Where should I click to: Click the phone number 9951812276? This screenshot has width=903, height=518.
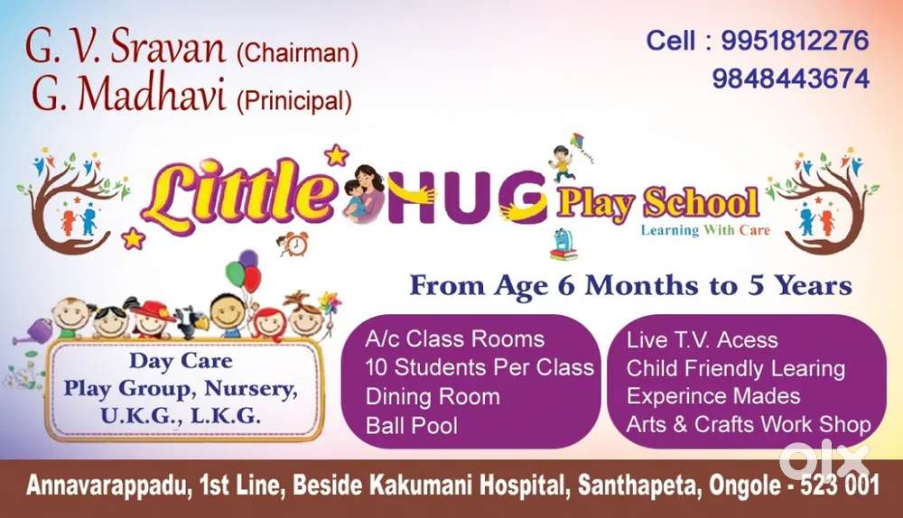point(795,41)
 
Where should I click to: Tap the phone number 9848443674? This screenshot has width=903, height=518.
point(791,79)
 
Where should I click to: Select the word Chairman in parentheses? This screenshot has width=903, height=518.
point(298,53)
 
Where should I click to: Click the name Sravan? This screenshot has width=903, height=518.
point(167,46)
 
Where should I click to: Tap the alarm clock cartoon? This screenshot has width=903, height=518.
point(293,244)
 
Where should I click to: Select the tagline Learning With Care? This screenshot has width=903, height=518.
point(705,230)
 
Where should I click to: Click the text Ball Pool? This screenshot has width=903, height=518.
point(411,426)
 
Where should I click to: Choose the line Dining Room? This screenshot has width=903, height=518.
point(433,396)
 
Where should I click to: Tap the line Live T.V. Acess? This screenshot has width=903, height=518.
point(702,340)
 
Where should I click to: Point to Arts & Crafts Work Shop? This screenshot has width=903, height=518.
point(748,425)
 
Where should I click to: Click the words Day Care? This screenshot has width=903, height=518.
point(181,361)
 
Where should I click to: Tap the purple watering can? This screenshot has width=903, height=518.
point(34,331)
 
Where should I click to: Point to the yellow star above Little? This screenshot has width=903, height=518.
point(336,155)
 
